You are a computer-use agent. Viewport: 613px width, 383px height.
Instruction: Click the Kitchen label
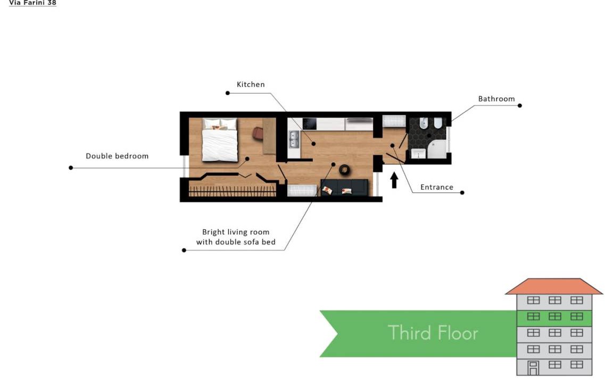coord(251,85)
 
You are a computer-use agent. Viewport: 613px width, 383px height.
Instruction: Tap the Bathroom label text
coord(496,99)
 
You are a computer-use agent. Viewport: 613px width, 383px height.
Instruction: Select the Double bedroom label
coord(117,156)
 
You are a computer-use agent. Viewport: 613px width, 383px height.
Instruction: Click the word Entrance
coord(437,187)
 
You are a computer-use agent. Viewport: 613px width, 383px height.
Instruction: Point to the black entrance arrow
coord(394,180)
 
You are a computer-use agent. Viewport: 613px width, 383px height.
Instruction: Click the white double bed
coord(220,140)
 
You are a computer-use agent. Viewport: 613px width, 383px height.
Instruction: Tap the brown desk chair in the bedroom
coord(258,133)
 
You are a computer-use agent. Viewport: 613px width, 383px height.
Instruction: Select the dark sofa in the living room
coord(344,187)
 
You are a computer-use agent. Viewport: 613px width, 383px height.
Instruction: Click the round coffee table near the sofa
coord(344,170)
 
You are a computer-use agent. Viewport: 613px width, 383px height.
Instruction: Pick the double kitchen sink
coord(294,139)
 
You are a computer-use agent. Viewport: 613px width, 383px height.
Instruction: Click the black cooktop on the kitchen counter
coord(309,124)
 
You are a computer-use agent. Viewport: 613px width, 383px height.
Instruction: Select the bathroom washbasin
coord(418,154)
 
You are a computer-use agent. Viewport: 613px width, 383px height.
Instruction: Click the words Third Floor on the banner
coord(433,333)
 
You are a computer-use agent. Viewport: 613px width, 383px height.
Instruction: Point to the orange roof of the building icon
coord(553,286)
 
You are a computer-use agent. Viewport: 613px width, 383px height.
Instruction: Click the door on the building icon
coord(533,368)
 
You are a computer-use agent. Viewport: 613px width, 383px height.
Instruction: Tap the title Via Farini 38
coord(32,3)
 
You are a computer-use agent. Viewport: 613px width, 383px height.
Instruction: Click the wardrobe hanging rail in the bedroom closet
coord(233,191)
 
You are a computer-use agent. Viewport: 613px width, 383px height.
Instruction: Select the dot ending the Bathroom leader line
coord(519,105)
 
